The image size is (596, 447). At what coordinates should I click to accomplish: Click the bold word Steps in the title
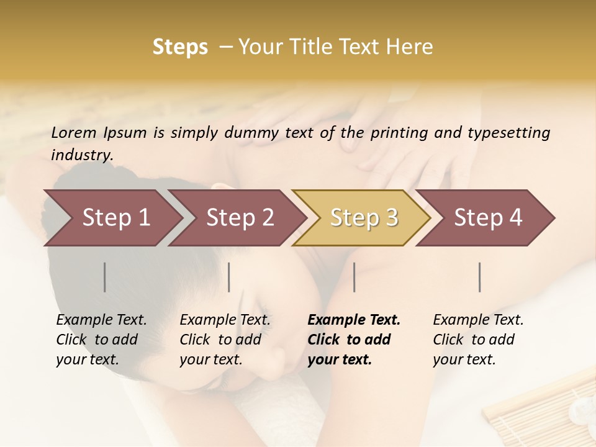180,47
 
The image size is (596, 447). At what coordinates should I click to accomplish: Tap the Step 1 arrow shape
112,217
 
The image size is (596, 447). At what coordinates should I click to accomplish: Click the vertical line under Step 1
105,277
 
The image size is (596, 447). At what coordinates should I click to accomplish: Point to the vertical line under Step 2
229,277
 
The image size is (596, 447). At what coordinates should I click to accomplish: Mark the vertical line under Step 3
354,277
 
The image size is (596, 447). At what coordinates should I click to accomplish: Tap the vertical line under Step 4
480,277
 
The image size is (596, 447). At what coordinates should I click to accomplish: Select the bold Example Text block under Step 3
354,340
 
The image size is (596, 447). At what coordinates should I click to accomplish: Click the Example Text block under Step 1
101,340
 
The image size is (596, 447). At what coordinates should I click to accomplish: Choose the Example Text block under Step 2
225,340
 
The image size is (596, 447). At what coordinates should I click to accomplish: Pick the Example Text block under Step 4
478,340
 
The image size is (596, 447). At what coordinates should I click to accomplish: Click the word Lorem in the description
74,132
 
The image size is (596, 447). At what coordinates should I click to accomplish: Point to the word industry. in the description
82,155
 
